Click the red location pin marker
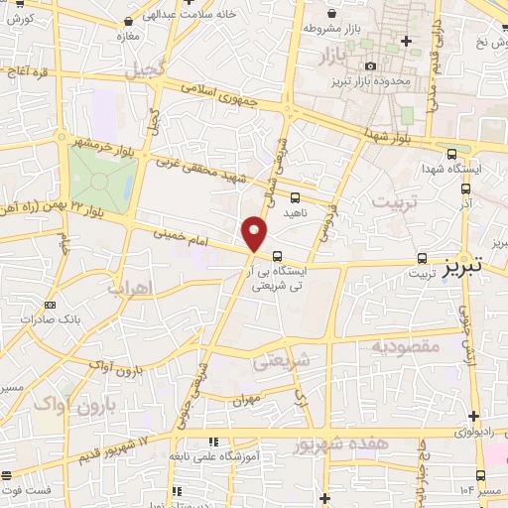tap(256, 233)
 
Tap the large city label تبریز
tap(462, 267)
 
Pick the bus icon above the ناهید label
tap(295, 196)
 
